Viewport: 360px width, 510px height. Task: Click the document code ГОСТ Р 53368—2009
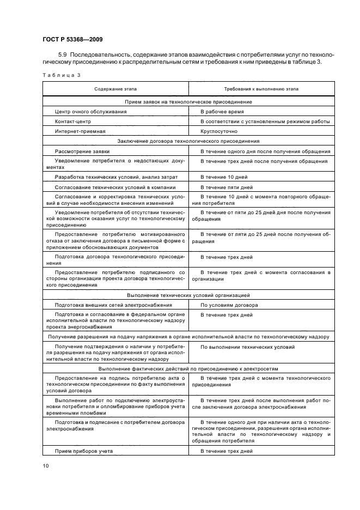(71, 39)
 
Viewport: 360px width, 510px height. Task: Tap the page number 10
(46, 465)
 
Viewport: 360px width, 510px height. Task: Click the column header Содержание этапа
(115, 89)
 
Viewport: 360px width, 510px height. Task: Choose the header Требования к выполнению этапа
(261, 89)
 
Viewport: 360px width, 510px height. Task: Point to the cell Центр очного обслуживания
(91, 111)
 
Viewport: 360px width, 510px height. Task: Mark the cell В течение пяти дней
(227, 187)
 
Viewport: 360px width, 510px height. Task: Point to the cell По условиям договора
(229, 305)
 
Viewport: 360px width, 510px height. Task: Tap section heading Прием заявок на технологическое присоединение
(188, 101)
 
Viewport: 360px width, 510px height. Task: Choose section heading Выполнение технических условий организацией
(188, 295)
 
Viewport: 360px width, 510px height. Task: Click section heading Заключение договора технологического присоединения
(188, 141)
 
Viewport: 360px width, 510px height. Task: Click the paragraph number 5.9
(62, 55)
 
